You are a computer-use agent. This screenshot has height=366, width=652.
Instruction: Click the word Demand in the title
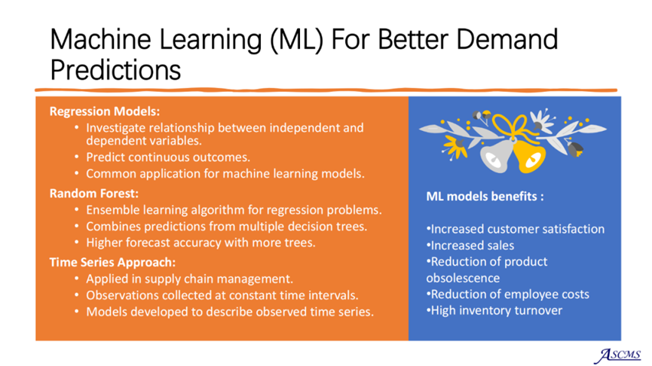(x=507, y=39)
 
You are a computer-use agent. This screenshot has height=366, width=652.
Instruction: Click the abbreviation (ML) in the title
(x=296, y=41)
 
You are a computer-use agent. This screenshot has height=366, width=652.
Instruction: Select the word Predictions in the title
(x=115, y=69)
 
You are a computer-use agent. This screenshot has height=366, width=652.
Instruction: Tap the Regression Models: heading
(x=104, y=111)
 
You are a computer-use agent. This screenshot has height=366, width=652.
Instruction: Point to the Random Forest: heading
(x=94, y=194)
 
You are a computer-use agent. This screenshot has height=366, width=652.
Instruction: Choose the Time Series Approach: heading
(x=112, y=262)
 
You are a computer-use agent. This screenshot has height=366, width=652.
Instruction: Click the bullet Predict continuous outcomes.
(x=168, y=157)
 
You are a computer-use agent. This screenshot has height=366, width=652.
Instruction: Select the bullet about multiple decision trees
(x=227, y=227)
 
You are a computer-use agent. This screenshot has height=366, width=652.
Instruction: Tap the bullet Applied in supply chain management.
(x=190, y=279)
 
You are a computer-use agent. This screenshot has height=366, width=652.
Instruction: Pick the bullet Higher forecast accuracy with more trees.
(x=200, y=242)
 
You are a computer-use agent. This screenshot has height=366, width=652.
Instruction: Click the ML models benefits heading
(x=485, y=196)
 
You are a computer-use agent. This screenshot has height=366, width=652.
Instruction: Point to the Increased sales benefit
(x=470, y=246)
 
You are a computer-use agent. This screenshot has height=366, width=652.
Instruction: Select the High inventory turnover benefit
(x=494, y=310)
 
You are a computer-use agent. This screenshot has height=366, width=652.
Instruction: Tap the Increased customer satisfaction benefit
(x=516, y=229)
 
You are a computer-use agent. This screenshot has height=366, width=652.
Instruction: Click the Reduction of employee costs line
(x=508, y=294)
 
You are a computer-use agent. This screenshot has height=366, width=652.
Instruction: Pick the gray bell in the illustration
(x=497, y=156)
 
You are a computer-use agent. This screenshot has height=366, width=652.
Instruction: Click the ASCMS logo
(x=617, y=355)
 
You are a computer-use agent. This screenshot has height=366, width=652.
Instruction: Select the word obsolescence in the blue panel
(x=463, y=278)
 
